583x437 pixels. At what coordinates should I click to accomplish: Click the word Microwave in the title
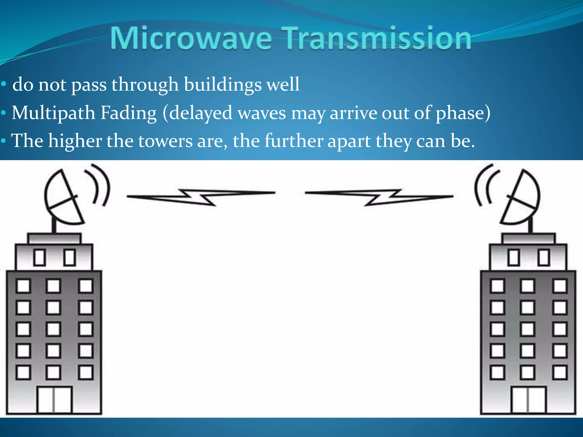coord(191,38)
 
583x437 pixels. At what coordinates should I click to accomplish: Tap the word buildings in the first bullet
coord(223,84)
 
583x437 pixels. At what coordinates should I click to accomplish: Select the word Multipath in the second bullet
coord(53,113)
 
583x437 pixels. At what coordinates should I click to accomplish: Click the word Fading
coord(129,113)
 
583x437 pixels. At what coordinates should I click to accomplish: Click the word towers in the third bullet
coord(165,141)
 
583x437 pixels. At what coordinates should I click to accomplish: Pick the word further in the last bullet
coord(293,141)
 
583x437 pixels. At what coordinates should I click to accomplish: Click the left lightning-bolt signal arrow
coord(201,196)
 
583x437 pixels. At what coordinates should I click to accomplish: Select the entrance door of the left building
coord(54,399)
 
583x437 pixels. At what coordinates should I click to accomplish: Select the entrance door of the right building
coord(528,399)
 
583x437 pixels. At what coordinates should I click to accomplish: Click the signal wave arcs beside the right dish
coord(485,185)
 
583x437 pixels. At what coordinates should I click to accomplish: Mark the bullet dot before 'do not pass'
coord(3,84)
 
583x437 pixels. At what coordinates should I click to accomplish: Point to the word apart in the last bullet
coord(349,141)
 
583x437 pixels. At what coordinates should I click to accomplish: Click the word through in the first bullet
coord(145,84)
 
